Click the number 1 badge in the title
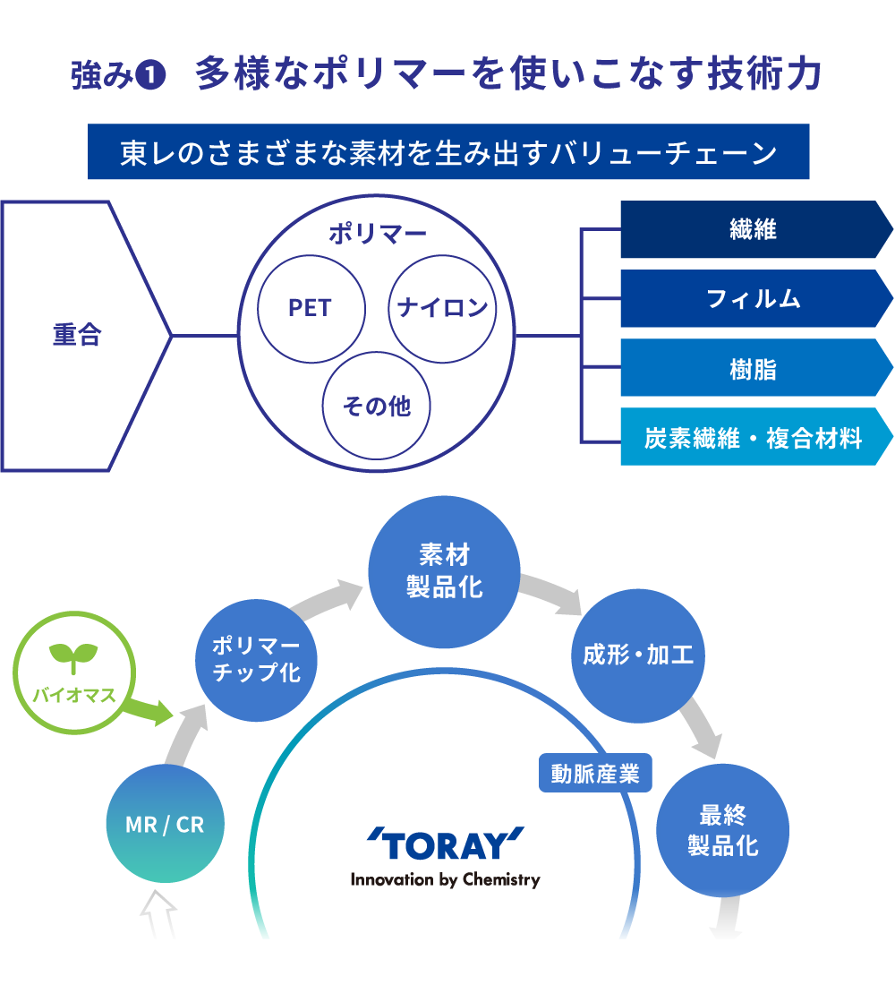coord(150,75)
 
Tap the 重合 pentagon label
coord(77,335)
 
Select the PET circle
coord(311,308)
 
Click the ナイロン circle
coord(442,308)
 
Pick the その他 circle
coord(376,405)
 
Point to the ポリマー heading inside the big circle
coord(378,234)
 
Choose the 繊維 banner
coord(756,229)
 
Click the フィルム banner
coord(756,298)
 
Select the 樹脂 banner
coord(756,367)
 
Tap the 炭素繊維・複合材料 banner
coord(756,437)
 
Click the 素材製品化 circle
coord(444,571)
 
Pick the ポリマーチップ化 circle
coord(256,660)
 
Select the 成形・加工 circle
coord(638,655)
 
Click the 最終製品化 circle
coord(723,830)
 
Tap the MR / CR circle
coord(166,824)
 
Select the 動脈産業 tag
coord(595,774)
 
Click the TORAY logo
coord(446,856)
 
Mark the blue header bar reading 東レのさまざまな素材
coord(448,151)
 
